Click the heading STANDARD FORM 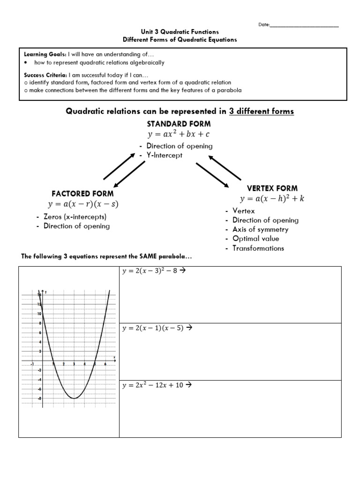point(179,124)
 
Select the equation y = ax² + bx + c point(179,135)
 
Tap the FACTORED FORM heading point(82,193)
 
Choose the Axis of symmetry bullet point(260,229)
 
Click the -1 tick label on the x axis point(32,364)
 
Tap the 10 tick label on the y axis point(39,314)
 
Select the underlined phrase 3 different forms point(261,111)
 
